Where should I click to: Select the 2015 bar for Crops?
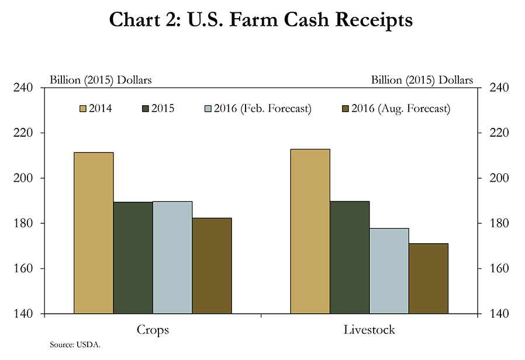(133, 258)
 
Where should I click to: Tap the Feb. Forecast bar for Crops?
(172, 257)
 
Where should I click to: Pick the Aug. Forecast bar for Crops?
(212, 266)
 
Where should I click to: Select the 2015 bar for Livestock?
(350, 257)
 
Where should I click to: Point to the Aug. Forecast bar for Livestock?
(429, 278)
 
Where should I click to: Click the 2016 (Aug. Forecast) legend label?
(400, 109)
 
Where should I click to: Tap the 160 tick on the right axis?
(495, 269)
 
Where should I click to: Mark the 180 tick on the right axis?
(495, 223)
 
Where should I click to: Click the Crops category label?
(153, 330)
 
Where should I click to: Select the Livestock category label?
(369, 330)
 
